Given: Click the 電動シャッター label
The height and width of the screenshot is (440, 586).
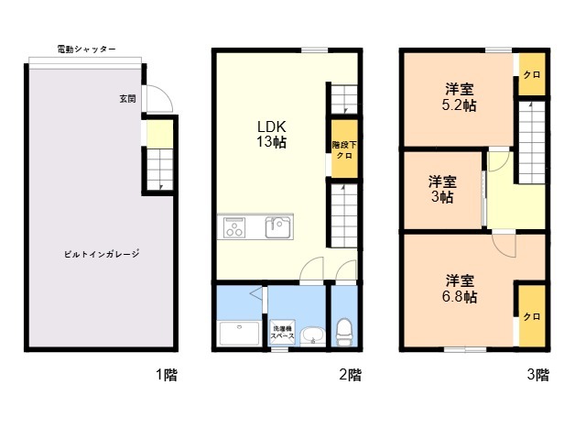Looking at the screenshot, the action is [x=86, y=49].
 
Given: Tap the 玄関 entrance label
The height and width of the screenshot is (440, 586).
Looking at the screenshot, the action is [x=127, y=99].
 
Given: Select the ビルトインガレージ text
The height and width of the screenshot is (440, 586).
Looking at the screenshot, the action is [x=102, y=254].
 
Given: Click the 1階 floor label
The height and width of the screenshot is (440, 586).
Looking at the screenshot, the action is [x=167, y=375].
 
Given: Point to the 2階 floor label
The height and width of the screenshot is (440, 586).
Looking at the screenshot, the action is [x=350, y=375].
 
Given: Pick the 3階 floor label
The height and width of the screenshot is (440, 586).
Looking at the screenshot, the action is [x=538, y=375].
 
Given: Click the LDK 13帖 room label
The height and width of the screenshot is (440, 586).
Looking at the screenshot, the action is [x=271, y=135].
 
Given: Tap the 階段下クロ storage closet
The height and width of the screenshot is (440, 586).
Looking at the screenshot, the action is [x=344, y=148].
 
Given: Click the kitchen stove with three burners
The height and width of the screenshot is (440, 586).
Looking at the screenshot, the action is [x=234, y=227].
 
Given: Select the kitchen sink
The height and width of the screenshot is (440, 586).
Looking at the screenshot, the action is [x=277, y=227].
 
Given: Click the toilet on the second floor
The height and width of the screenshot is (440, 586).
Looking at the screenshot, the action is [x=344, y=332].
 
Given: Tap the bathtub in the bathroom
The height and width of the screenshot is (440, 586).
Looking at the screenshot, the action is [x=239, y=333].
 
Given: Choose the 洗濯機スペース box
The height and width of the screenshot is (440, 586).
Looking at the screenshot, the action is [x=282, y=332].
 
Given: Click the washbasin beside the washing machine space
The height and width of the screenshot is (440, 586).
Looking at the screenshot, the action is [x=313, y=335].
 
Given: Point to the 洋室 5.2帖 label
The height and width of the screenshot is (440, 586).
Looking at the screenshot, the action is [x=460, y=98].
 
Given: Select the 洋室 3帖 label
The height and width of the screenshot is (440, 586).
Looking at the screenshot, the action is [x=442, y=190].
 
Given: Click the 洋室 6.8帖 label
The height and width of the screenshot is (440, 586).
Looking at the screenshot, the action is [x=460, y=289].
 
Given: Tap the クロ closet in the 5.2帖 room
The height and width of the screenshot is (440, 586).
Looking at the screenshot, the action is [x=532, y=74].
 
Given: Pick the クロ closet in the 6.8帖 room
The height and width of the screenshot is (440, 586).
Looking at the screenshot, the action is [x=532, y=316].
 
